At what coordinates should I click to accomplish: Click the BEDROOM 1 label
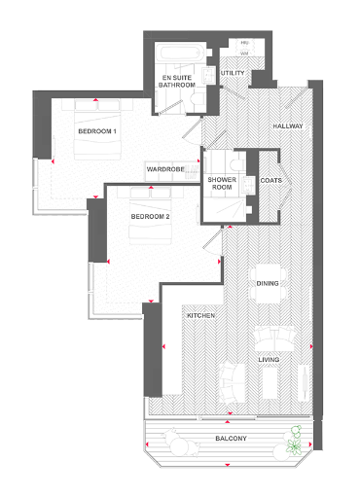(x=97, y=130)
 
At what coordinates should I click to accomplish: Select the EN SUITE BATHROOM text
(x=180, y=81)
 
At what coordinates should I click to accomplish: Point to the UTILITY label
(x=233, y=73)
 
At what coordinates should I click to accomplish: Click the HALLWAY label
(x=288, y=126)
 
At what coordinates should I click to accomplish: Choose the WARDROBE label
(x=166, y=169)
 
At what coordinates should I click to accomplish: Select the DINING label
(x=269, y=283)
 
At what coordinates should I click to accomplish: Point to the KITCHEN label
(x=200, y=316)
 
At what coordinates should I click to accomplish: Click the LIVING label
(x=270, y=360)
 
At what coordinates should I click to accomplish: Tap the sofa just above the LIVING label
(x=273, y=340)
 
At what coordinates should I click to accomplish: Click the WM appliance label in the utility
(x=245, y=53)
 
